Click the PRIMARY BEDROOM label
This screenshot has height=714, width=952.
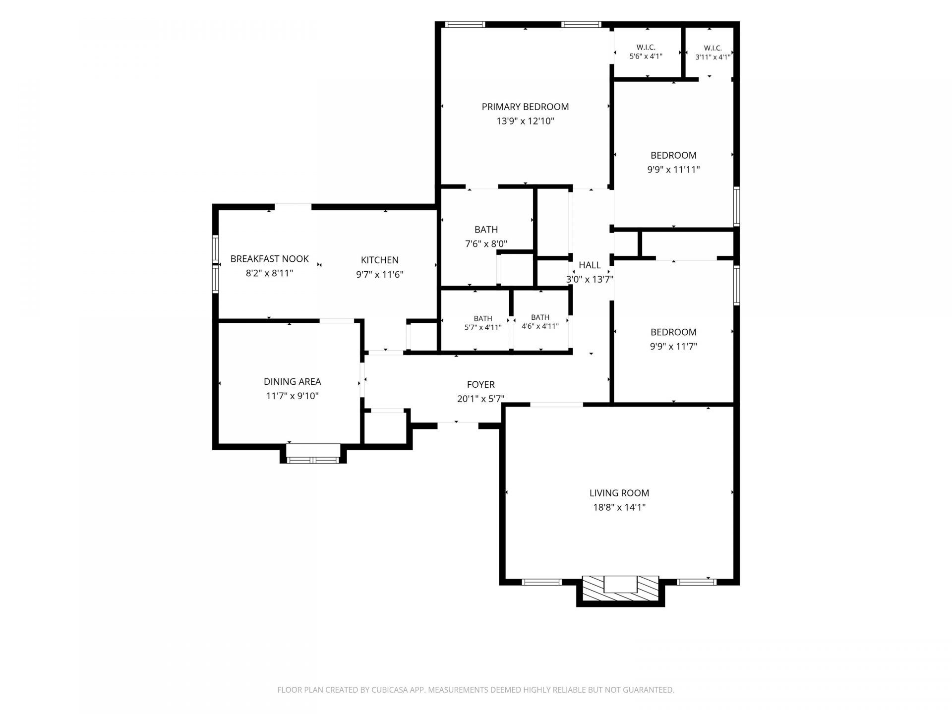[525, 107]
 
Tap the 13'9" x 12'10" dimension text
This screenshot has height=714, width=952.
[525, 121]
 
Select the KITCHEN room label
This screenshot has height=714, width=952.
[380, 260]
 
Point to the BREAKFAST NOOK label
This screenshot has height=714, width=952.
[270, 259]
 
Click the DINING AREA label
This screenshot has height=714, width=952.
[293, 382]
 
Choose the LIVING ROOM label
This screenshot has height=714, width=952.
[619, 493]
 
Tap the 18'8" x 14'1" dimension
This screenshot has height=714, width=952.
[619, 507]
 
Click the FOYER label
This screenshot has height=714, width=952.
[481, 384]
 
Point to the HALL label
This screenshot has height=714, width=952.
[590, 265]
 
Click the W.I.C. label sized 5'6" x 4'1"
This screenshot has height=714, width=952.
[646, 48]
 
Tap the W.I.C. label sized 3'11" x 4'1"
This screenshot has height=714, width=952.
[713, 48]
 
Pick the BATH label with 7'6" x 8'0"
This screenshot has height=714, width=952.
[486, 230]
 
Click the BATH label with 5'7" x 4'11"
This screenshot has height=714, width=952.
[483, 318]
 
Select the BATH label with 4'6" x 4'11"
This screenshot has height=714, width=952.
[540, 317]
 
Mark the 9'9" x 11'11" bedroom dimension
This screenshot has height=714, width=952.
[673, 170]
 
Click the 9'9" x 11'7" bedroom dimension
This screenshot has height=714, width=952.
[673, 347]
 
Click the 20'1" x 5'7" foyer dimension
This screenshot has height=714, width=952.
[481, 399]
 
